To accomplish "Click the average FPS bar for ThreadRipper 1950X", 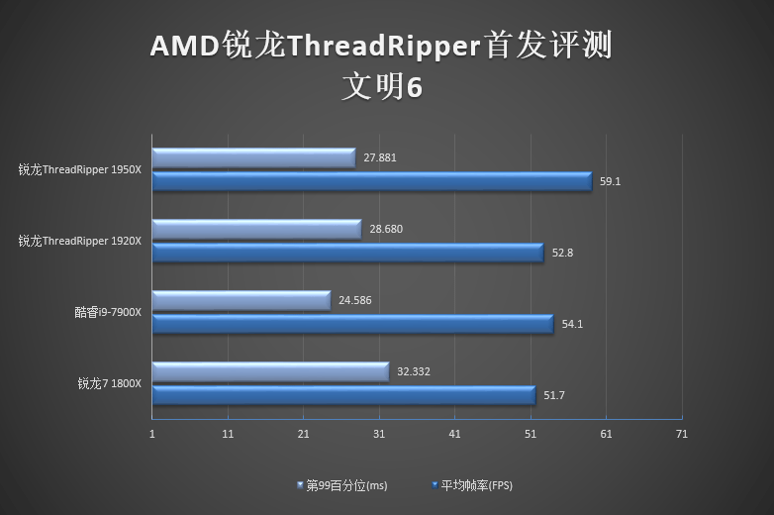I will [x=371, y=181].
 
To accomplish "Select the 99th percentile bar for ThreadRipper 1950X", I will [x=253, y=157].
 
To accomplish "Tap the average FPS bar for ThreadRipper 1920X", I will [x=347, y=253].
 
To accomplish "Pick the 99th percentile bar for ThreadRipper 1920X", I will [x=256, y=229].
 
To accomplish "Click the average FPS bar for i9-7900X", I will [x=352, y=324].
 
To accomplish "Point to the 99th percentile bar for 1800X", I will [x=270, y=371].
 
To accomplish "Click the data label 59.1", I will [x=610, y=181].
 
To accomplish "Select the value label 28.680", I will [x=386, y=229].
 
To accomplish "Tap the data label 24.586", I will [x=355, y=300].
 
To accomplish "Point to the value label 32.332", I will [x=414, y=371].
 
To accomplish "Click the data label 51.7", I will [x=554, y=395].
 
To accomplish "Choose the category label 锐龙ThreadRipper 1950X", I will [x=79, y=169].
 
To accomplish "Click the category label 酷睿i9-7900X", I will [x=108, y=312].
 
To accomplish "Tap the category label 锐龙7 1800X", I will [x=110, y=383].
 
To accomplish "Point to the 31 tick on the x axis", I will [x=379, y=434].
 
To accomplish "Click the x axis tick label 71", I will [x=680, y=434].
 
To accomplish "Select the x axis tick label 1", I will [x=152, y=434].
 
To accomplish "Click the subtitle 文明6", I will [x=382, y=87].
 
